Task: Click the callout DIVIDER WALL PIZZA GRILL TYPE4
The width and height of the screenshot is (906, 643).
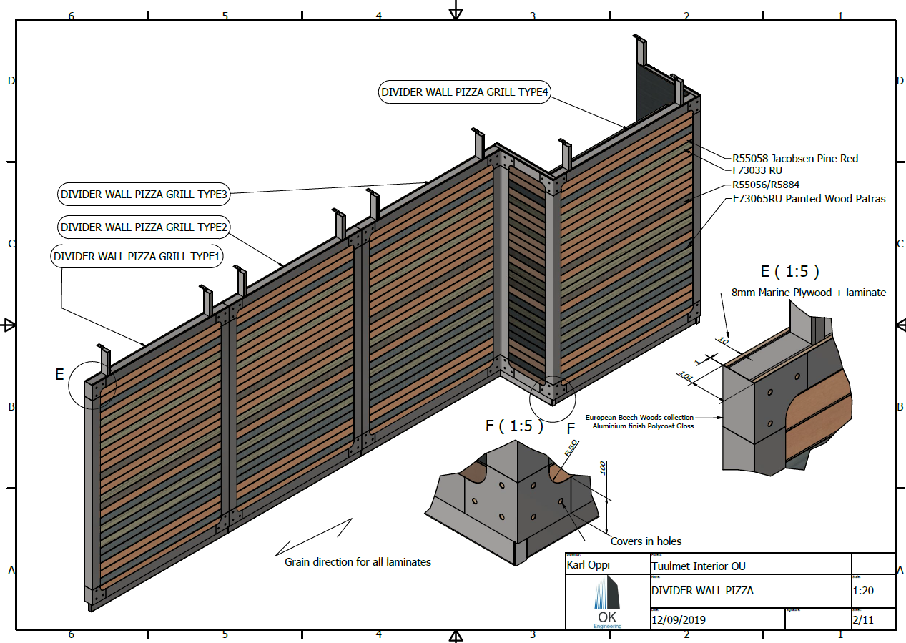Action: (463, 92)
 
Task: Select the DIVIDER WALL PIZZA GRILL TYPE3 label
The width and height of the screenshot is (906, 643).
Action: (144, 194)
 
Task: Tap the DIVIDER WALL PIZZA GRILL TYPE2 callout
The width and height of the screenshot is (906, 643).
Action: (144, 227)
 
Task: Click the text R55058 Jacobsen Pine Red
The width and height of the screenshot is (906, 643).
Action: (794, 158)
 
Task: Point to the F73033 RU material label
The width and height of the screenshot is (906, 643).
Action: (757, 171)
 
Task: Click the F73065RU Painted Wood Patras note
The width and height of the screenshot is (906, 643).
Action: (809, 199)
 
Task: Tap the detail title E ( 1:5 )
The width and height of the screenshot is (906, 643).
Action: (789, 272)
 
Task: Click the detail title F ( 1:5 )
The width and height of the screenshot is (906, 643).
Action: (514, 426)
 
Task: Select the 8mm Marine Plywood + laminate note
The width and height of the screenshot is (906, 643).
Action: (808, 292)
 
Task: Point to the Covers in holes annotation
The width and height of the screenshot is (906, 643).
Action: (646, 541)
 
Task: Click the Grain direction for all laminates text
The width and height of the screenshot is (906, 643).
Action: (358, 562)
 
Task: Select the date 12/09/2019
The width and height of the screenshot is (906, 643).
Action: (679, 619)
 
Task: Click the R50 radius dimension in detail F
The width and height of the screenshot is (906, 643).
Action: (571, 448)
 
